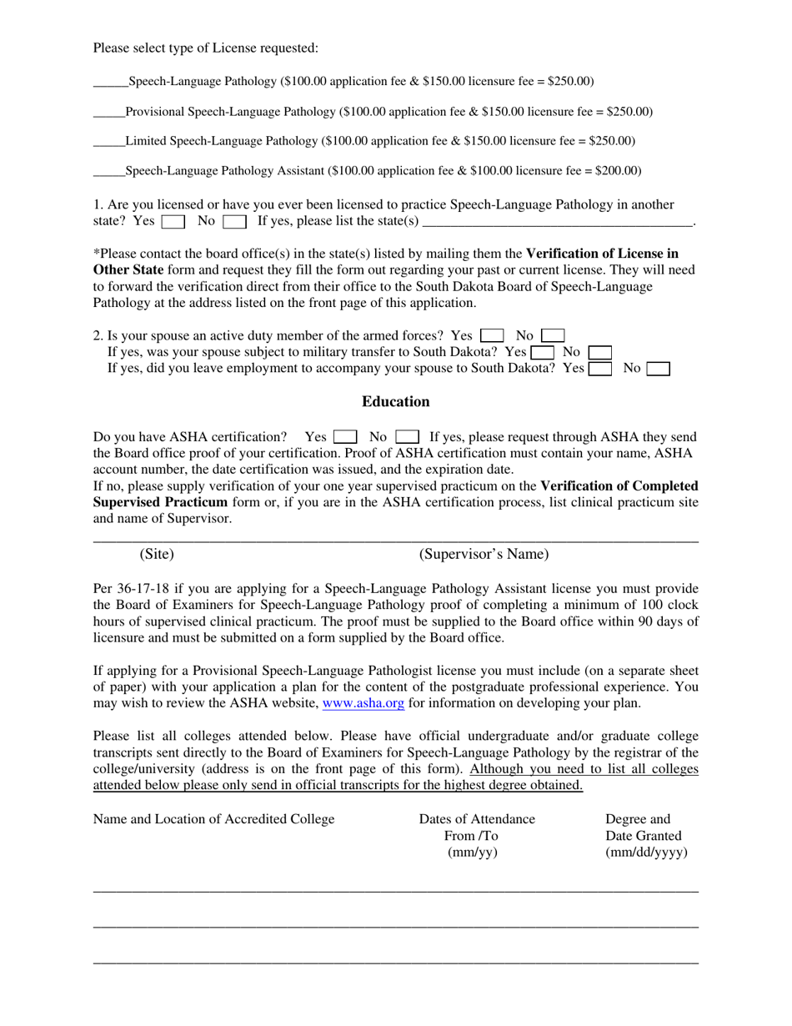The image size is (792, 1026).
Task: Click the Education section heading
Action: click(x=395, y=402)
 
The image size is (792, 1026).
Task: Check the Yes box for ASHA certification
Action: click(x=345, y=436)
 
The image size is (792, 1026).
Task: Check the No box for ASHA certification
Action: click(x=407, y=436)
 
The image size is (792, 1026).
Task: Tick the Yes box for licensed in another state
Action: click(x=173, y=222)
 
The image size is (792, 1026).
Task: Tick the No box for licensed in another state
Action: click(x=234, y=222)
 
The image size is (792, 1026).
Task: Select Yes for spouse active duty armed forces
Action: click(x=492, y=336)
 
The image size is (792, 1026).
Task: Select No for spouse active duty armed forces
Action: click(x=553, y=336)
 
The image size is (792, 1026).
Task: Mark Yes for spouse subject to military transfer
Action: click(x=543, y=353)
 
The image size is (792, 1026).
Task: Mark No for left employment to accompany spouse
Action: click(x=659, y=369)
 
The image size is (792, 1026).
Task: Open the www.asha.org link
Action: click(x=363, y=703)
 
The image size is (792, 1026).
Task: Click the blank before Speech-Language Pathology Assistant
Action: click(x=108, y=172)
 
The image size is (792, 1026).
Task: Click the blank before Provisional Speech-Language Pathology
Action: click(x=108, y=113)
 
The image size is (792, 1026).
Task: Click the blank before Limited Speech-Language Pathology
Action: click(x=108, y=142)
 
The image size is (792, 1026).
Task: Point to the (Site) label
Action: click(x=157, y=554)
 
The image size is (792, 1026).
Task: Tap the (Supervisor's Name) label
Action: click(x=484, y=554)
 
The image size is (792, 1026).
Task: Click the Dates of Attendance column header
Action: click(x=477, y=819)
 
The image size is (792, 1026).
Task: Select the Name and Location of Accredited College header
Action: click(x=213, y=819)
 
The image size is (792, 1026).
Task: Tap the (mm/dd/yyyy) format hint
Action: click(x=646, y=852)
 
